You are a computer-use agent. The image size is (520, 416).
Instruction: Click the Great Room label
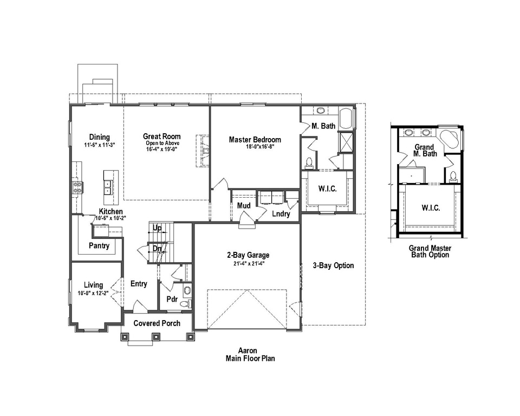click(161, 136)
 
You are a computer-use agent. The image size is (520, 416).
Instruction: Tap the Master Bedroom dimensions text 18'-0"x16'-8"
click(255, 147)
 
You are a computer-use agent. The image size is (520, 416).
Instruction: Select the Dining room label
click(97, 137)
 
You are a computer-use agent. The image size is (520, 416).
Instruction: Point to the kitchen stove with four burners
click(78, 187)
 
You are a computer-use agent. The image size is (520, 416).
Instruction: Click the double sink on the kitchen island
click(108, 187)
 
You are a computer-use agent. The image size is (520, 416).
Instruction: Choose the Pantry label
click(99, 245)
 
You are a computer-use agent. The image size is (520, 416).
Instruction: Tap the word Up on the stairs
click(157, 228)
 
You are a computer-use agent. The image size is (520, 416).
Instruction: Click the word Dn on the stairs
click(157, 249)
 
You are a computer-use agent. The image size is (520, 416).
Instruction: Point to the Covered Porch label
click(157, 323)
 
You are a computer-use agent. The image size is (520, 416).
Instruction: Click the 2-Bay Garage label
click(248, 255)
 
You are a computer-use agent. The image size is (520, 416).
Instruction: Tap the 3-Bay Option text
click(333, 265)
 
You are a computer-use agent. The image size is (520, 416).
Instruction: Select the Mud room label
click(243, 206)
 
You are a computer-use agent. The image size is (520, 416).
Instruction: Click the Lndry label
click(281, 214)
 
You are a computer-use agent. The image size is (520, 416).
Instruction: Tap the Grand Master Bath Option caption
click(430, 251)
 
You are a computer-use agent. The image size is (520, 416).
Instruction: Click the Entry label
click(139, 284)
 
